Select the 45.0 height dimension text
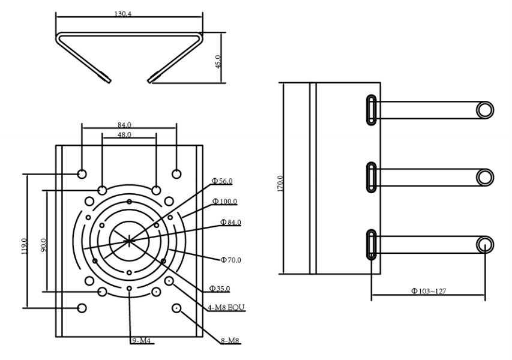[218, 61]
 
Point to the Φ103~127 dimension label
[429, 291]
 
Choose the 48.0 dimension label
[124, 135]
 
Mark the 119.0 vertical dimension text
[25, 247]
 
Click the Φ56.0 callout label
[221, 181]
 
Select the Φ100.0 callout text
[225, 202]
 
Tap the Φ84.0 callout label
[230, 222]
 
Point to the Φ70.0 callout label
[230, 260]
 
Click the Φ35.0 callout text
[220, 289]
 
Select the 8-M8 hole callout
[230, 341]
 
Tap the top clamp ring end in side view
[485, 109]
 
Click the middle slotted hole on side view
[372, 177]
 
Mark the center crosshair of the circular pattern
[128, 240]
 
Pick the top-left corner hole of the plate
[82, 173]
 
